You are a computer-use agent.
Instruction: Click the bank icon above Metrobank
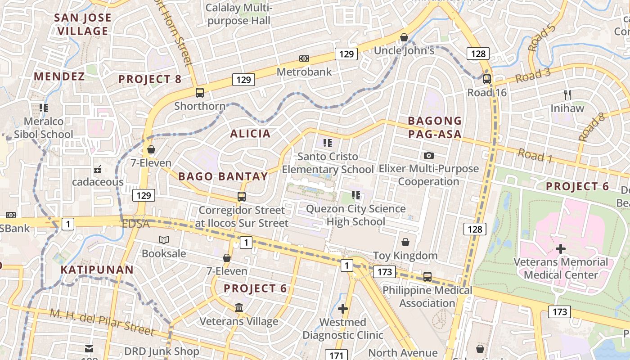(304, 58)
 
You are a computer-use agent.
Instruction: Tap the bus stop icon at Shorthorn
(200, 93)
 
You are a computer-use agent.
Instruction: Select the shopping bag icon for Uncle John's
(404, 37)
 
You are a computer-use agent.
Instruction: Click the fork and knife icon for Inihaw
(567, 95)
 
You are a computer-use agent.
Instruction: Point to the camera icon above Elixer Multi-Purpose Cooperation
(429, 155)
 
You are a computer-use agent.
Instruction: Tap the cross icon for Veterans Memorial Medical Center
(561, 248)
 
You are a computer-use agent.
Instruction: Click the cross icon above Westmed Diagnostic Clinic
(343, 309)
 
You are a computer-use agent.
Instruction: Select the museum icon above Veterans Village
(239, 308)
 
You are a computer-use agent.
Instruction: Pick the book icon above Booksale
(164, 240)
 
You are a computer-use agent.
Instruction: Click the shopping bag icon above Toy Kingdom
(405, 242)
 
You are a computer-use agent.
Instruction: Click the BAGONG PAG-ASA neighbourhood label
(435, 127)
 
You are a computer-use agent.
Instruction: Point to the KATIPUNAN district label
(97, 270)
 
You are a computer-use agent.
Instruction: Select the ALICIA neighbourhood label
(251, 134)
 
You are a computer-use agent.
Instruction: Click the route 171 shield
(336, 355)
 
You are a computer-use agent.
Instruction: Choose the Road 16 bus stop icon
(486, 79)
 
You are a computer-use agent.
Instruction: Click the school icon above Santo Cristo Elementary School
(328, 144)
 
